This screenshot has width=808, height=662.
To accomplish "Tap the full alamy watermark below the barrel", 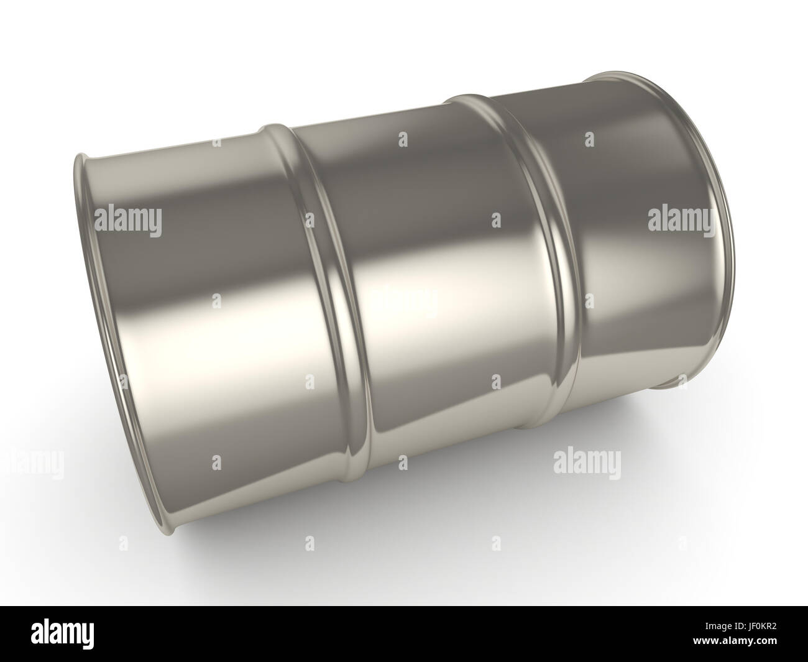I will click(586, 463).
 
